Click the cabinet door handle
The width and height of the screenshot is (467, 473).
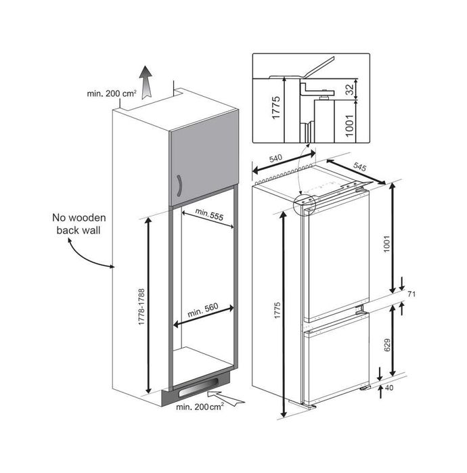(179, 185)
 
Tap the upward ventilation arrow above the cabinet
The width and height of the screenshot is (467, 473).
(146, 82)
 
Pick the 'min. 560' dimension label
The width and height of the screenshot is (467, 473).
(203, 310)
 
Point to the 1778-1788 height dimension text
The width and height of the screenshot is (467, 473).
(141, 307)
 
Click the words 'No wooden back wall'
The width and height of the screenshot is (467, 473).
(79, 224)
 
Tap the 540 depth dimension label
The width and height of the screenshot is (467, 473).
(275, 158)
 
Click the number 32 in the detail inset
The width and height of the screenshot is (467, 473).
(349, 89)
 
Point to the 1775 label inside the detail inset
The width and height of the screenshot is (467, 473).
(276, 108)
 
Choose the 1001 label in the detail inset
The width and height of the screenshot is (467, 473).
(349, 125)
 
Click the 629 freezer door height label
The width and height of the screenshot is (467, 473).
(387, 345)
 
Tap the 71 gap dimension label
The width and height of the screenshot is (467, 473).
(412, 294)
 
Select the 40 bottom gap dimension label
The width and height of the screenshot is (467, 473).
(389, 388)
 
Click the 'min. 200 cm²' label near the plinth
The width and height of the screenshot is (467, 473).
(200, 407)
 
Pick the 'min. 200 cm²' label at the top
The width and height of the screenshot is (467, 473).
(111, 93)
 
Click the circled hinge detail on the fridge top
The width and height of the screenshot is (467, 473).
(304, 204)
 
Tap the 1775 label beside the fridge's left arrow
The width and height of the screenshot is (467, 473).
(277, 310)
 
